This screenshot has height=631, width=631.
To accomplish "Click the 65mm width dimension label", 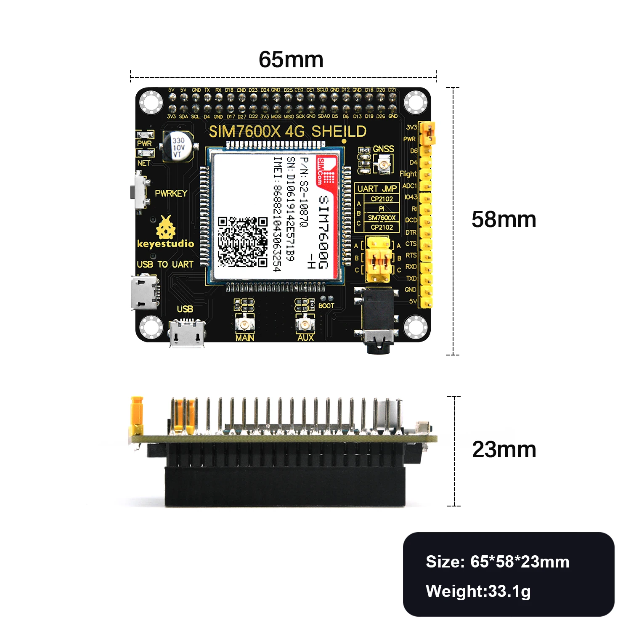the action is [291, 59].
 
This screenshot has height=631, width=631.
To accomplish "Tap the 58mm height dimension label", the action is [504, 220].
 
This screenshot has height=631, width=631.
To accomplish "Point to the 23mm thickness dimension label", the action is [504, 450].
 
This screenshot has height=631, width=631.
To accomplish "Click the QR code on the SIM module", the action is [243, 242].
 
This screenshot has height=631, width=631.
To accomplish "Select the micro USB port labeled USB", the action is [187, 332].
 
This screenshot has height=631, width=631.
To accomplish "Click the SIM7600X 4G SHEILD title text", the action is [288, 132].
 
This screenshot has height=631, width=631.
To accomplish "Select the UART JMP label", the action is [377, 189].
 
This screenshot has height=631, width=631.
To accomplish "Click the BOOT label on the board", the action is [326, 306].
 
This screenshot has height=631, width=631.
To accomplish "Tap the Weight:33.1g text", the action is [478, 591].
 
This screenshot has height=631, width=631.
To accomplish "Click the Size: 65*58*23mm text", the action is [497, 562].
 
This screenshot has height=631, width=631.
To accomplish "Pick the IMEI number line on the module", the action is [277, 214].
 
